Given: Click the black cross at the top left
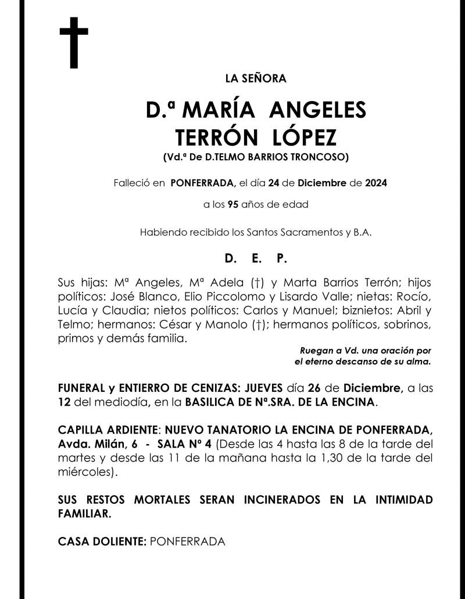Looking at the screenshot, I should pos(74,43).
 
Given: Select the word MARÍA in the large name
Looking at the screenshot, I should pos(223,110).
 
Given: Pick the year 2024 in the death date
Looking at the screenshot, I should pos(376,183).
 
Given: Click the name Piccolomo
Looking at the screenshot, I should pos(222,296).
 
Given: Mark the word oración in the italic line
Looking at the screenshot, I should pos(393,351).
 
